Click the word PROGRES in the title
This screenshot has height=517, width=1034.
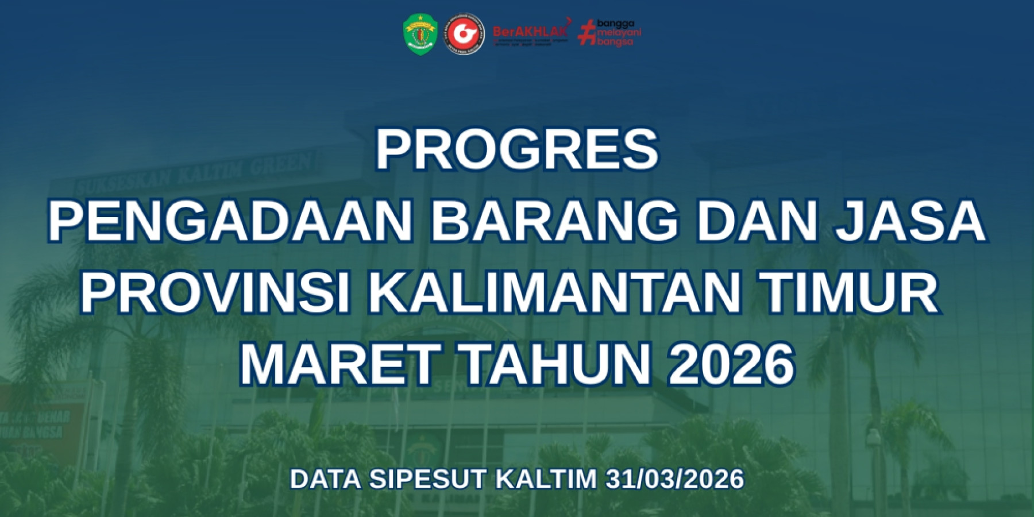[x=516, y=149]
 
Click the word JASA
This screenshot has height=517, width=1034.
[x=910, y=221]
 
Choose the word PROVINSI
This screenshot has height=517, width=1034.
[x=215, y=293]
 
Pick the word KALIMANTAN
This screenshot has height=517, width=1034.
[x=554, y=293]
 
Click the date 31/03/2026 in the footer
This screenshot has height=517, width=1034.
[x=675, y=479]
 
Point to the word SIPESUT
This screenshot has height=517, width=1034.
[x=427, y=479]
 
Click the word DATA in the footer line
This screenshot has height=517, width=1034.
[x=326, y=479]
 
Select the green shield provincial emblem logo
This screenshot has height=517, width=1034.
[x=420, y=34]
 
